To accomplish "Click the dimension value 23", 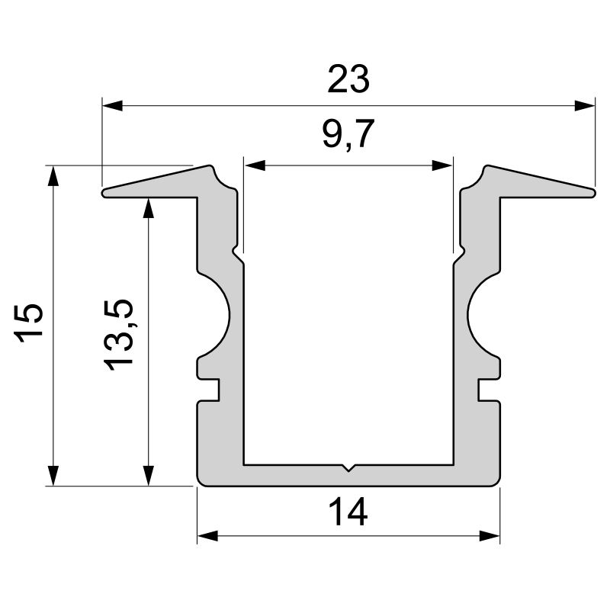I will pos(348,79).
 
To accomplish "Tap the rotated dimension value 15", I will pos(31,324).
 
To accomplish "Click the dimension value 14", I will pos(348,512).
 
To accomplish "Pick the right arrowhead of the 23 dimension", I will pos(585,105).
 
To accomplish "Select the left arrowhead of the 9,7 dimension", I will pos(254,165).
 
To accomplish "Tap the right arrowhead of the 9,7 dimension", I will pos(443,165).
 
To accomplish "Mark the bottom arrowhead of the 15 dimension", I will pos(53,475).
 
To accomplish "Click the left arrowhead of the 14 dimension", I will pos(207,535).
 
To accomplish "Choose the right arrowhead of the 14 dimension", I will pos(490,535).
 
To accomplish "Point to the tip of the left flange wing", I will pos(105,193).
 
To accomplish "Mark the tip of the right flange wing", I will pos(592,193).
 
